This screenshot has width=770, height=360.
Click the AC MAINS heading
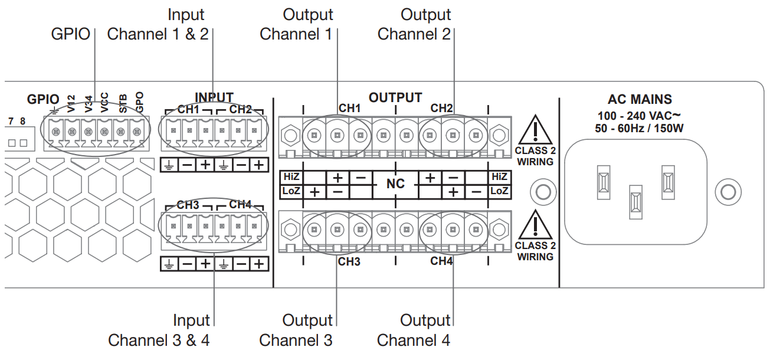(x=640, y=100)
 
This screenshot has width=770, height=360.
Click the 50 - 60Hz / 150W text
(x=640, y=127)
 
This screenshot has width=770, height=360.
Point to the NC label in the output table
(x=395, y=184)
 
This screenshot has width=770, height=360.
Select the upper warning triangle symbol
(x=535, y=129)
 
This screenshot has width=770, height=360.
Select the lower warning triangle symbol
(x=535, y=224)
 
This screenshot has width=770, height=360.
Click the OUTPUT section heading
(x=395, y=97)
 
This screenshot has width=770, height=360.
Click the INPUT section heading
(x=214, y=97)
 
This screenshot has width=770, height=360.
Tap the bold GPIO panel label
(x=43, y=99)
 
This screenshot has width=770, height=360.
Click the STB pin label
(x=123, y=103)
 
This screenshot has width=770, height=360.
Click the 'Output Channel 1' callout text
(x=296, y=24)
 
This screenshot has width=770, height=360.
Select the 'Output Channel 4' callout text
(x=414, y=330)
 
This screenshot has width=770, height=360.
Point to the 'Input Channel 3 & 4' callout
(x=159, y=330)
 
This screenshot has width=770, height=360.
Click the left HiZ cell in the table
(x=291, y=176)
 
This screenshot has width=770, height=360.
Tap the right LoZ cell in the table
(x=499, y=191)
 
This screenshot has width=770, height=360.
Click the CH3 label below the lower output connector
(x=349, y=261)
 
